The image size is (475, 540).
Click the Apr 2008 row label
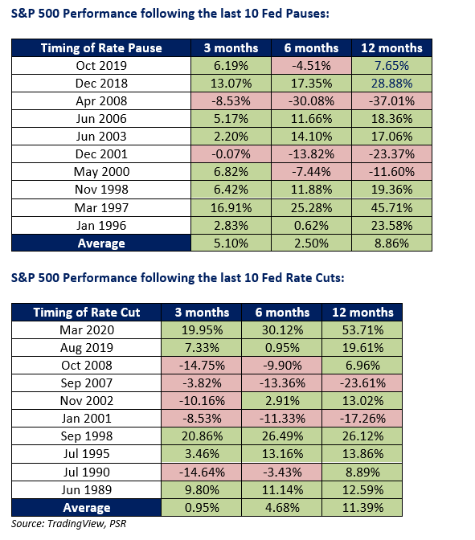point(101,101)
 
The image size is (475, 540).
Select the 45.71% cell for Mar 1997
point(391,207)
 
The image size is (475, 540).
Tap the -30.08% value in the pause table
point(311,101)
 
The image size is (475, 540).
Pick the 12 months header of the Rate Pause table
point(391,48)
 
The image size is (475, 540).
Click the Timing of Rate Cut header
point(87,313)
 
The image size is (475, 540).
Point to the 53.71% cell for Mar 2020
point(362,330)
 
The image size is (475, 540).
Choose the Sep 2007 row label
point(87,383)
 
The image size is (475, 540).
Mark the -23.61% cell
point(362,383)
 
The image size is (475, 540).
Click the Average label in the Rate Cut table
point(87,508)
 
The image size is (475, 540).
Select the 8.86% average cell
point(391,243)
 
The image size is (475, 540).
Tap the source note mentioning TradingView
point(68,524)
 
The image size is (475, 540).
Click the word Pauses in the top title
point(307,14)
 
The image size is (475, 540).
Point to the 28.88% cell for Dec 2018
point(391,84)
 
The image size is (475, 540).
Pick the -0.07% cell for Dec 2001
point(231,154)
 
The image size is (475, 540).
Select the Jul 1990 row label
point(87,472)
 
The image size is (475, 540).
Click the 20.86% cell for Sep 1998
point(202,436)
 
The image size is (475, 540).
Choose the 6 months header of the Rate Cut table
point(282,313)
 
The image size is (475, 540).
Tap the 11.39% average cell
point(362,508)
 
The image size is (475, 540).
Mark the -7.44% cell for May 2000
point(311,171)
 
